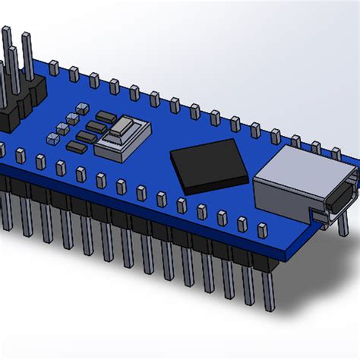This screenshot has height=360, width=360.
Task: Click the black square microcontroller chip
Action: tap(210, 164)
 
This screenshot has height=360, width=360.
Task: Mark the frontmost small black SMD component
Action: tap(77, 146)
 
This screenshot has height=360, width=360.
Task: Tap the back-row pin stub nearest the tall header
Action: tap(54, 68)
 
